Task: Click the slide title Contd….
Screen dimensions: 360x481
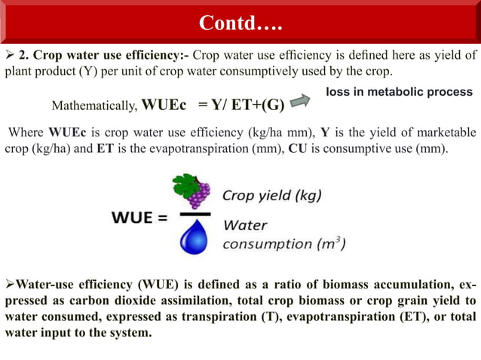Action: pos(240,23)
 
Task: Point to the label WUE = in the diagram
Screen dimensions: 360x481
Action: pos(139,218)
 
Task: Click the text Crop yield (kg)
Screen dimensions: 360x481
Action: pos(271,196)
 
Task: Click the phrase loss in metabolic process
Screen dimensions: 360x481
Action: pos(399,92)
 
